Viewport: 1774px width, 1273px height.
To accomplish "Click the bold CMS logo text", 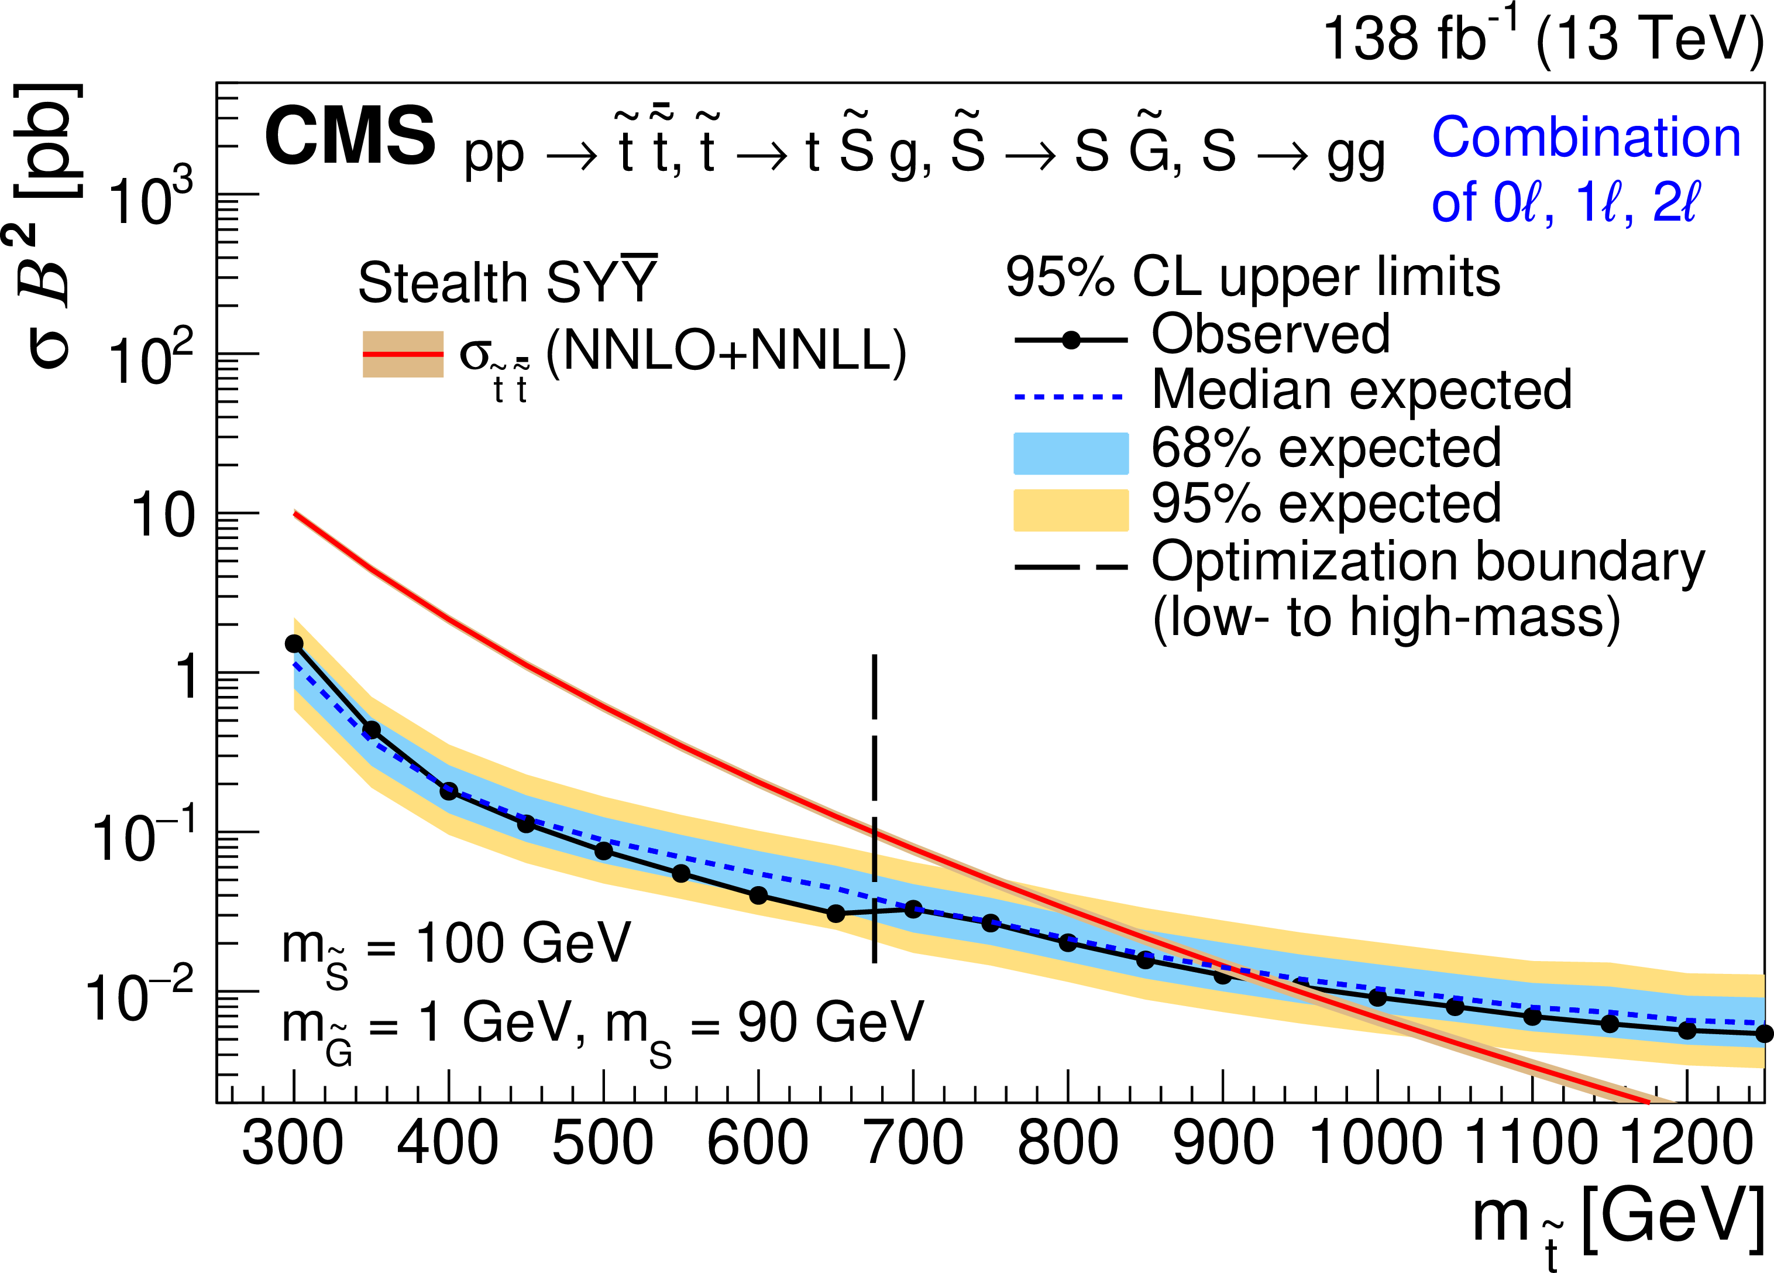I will (x=350, y=137).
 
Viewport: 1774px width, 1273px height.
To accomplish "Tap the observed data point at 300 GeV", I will (x=294, y=643).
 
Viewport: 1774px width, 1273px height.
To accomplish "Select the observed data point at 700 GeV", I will (x=913, y=909).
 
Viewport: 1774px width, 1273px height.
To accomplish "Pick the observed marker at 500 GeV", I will (x=603, y=850).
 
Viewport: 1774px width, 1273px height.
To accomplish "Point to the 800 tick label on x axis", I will (x=1068, y=1143).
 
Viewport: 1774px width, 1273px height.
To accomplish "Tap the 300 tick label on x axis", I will (x=293, y=1143).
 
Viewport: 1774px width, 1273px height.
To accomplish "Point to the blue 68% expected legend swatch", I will (x=1071, y=453).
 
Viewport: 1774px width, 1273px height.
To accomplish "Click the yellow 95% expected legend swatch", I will (x=1071, y=510).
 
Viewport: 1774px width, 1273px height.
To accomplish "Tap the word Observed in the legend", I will (x=1270, y=335).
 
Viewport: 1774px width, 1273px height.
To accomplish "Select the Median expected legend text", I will (x=1361, y=390).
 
